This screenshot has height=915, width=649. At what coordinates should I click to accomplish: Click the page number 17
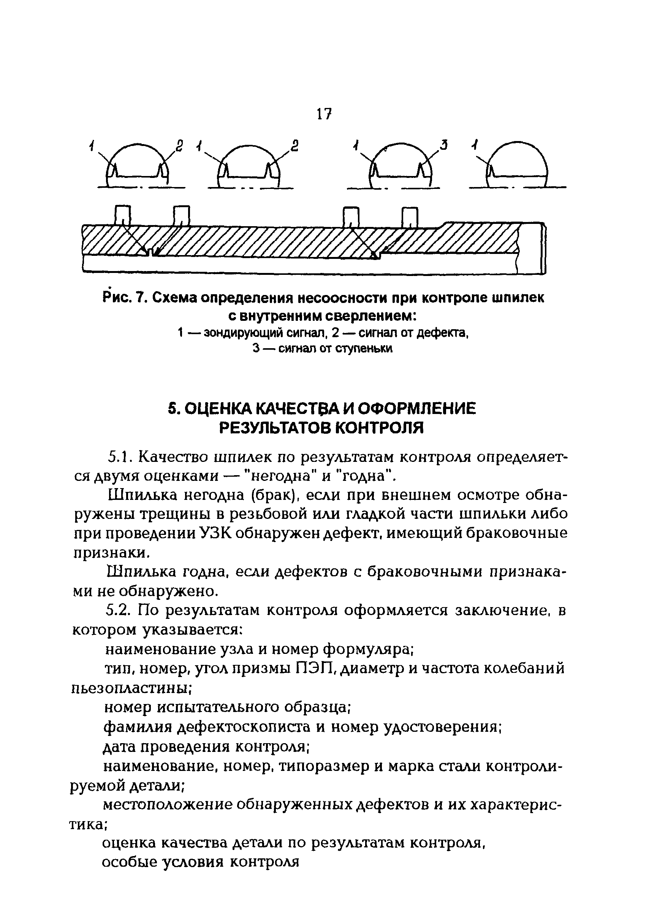click(324, 114)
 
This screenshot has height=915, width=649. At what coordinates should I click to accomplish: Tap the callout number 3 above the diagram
click(443, 145)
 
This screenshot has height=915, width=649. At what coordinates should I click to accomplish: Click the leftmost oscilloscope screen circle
click(138, 165)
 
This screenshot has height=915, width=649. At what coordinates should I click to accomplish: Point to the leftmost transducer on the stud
click(123, 216)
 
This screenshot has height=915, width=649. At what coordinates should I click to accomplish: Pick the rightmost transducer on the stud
click(410, 218)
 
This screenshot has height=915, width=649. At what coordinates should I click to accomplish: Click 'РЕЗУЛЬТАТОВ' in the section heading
click(274, 428)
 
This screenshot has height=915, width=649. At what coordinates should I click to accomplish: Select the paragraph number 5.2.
click(119, 611)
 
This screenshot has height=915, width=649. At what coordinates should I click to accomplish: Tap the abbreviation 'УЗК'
click(215, 534)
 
